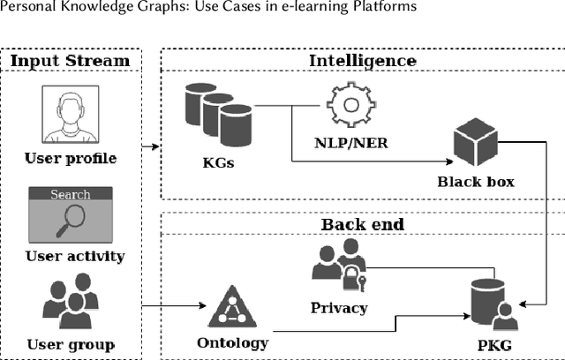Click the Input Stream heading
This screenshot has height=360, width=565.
click(71, 61)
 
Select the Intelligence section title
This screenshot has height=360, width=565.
click(362, 61)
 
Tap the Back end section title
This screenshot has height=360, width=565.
click(362, 224)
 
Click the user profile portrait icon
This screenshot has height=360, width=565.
click(71, 116)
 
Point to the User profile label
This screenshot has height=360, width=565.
click(71, 159)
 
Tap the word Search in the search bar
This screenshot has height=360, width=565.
click(70, 194)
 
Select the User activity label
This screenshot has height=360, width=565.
click(74, 257)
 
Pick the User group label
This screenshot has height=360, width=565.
click(71, 343)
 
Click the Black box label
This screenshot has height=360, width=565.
click(476, 183)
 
